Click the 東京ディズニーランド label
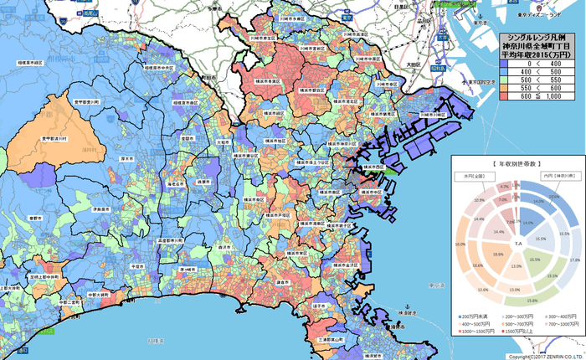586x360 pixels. [x=552, y=15]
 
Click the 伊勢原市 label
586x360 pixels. [x=102, y=208]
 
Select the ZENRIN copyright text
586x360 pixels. [x=545, y=356]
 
